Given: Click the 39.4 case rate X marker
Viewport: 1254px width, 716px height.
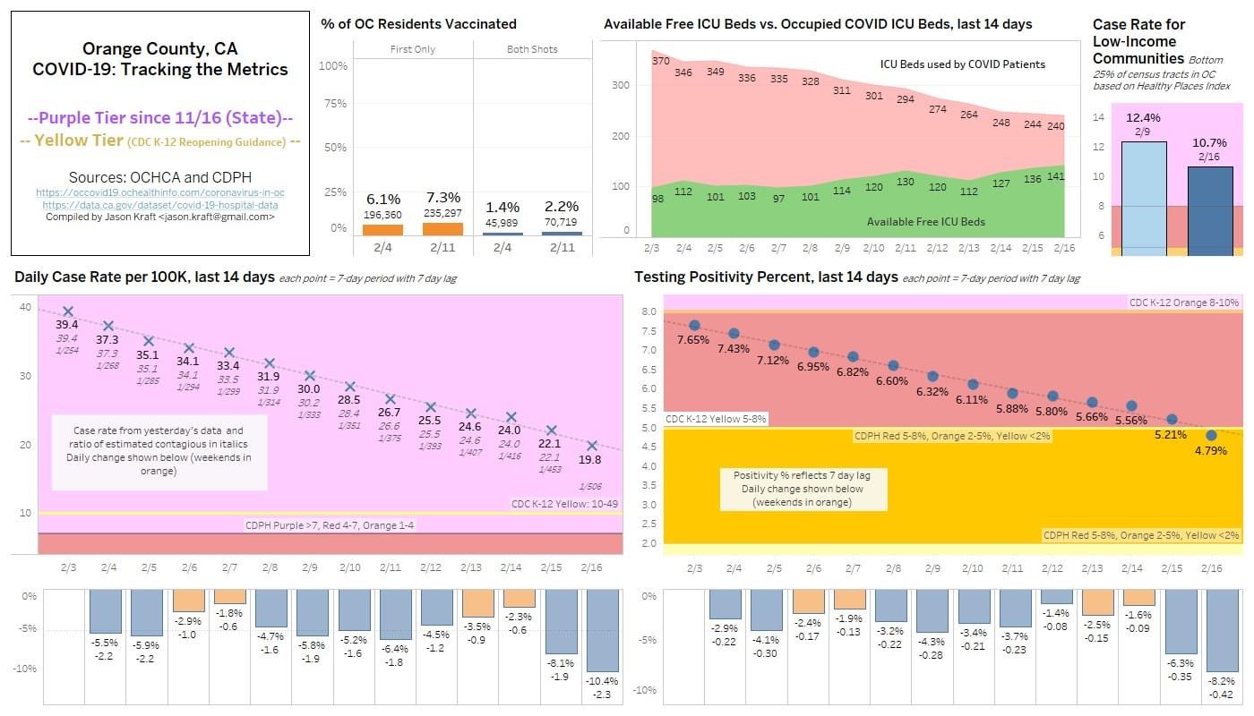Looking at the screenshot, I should click(x=68, y=311).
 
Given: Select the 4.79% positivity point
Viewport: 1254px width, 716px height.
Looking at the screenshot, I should click(x=1211, y=435).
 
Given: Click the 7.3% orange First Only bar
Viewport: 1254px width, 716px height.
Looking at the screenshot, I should click(x=442, y=229).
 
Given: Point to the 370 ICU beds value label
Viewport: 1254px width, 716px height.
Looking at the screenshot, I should click(x=661, y=61).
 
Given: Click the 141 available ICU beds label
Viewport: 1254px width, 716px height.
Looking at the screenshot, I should click(x=1055, y=177).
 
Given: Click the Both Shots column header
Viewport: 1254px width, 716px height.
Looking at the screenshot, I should click(x=532, y=49).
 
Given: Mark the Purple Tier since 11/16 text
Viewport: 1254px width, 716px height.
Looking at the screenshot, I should click(x=160, y=118).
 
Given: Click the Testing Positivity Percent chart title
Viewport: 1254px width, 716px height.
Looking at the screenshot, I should click(x=766, y=277).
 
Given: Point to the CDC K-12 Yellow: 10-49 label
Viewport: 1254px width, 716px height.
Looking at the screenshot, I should click(x=564, y=503).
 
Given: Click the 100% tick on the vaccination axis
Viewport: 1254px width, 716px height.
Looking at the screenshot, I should click(x=333, y=66).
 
